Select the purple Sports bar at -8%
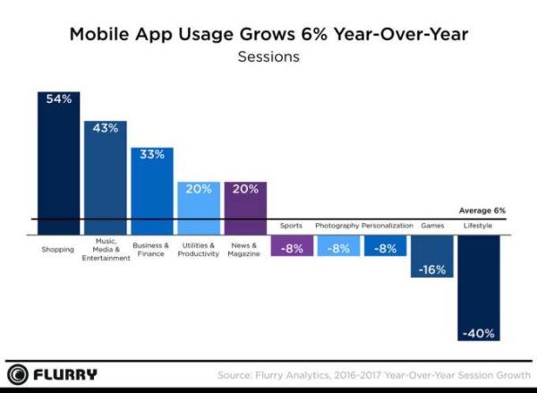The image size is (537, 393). tap(292, 246)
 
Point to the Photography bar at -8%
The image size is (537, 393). tap(338, 246)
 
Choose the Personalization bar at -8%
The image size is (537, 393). tap(385, 246)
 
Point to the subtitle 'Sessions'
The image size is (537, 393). tap(268, 57)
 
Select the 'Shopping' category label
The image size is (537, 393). tap(57, 247)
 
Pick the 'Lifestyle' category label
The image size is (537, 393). tap(478, 226)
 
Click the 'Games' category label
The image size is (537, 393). tap(432, 226)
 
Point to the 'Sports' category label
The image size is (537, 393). tap(291, 226)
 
